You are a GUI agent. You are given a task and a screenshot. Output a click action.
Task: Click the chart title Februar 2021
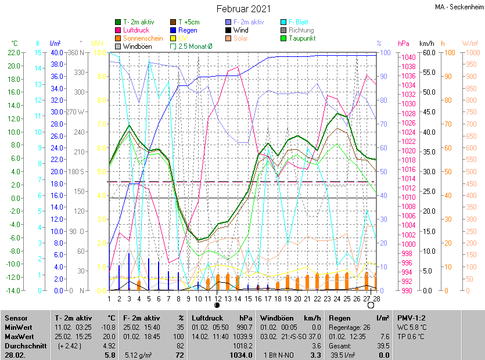243,9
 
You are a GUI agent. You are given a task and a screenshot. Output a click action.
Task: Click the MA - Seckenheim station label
458,7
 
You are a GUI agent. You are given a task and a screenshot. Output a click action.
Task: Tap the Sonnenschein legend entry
139,38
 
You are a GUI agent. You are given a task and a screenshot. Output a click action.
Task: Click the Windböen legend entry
137,46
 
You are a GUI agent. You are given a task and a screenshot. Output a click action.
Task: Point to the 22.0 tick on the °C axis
13,53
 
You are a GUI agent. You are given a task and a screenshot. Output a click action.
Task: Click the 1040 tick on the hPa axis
408,57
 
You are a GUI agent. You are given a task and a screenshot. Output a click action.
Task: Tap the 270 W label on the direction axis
76,111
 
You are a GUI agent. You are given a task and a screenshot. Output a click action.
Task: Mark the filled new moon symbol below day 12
217,304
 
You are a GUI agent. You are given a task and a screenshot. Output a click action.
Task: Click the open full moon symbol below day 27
371,305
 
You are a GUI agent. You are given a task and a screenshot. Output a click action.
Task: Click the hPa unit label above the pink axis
403,44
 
